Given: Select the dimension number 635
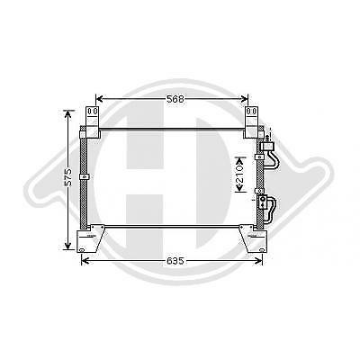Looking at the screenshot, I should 175,261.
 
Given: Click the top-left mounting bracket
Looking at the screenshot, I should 91,117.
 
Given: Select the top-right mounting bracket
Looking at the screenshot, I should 254,117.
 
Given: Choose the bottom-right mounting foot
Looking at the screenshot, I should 254,239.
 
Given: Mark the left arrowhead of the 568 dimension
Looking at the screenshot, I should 100,99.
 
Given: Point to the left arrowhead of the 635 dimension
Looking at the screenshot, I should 85,261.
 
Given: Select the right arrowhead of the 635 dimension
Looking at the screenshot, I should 262,261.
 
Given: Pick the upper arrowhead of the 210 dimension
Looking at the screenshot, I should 239,161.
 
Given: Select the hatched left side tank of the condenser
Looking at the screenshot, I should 86,198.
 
